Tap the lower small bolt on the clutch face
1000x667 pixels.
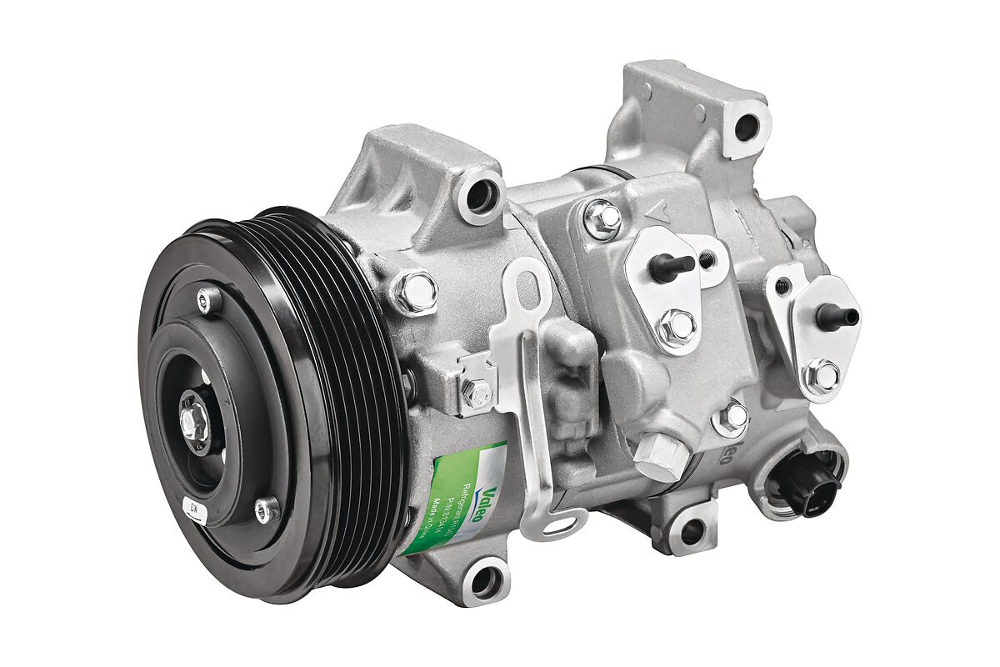266,509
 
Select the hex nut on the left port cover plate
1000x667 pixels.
676,328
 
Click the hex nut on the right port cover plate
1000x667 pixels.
822,375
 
